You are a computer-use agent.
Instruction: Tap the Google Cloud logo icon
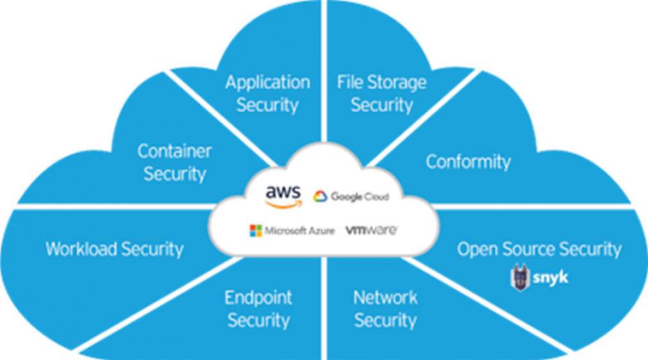[320, 196]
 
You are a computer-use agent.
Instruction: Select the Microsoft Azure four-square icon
[256, 230]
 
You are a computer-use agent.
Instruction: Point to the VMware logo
[371, 230]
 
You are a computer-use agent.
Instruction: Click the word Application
[268, 82]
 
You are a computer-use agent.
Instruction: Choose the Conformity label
[468, 162]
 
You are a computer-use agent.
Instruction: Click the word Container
[175, 152]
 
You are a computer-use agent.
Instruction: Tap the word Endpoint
[258, 298]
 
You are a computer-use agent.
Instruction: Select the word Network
[385, 298]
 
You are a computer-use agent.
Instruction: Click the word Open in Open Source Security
[478, 250]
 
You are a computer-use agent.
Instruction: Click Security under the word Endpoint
[259, 320]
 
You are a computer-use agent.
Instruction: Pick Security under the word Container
[175, 174]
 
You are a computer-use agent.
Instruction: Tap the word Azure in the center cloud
[319, 231]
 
